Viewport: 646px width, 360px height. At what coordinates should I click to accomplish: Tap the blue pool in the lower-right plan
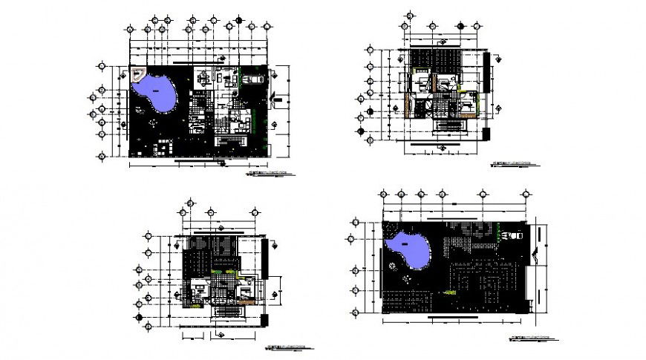408,250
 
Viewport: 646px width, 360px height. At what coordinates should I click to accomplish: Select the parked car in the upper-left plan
252,77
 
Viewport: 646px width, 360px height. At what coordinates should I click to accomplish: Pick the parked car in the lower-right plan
512,235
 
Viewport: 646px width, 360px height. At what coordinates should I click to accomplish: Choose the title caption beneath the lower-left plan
293,347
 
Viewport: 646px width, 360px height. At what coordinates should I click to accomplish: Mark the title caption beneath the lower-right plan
535,337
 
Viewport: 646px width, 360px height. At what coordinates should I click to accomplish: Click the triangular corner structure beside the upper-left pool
137,74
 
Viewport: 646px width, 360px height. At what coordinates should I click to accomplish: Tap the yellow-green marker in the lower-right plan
447,294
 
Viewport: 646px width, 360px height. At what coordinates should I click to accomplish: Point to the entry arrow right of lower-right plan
535,255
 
